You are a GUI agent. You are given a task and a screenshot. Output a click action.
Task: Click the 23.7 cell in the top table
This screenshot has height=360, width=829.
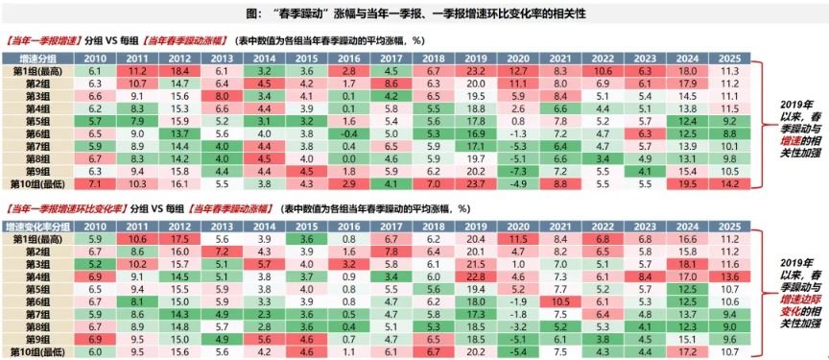tap(473, 181)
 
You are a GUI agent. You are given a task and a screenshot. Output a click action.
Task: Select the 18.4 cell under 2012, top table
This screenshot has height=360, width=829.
tap(179, 71)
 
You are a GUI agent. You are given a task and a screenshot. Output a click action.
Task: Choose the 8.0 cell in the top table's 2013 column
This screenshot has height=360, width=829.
tap(222, 96)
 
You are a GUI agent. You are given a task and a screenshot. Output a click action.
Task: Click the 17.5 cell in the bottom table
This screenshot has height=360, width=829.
tap(179, 236)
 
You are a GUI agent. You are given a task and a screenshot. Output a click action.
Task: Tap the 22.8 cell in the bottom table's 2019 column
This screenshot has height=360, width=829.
tap(473, 275)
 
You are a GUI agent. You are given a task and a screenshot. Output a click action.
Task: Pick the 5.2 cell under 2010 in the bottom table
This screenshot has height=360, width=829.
tap(95, 262)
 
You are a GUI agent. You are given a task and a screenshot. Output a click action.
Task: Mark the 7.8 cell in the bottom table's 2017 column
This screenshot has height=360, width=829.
tap(390, 250)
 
